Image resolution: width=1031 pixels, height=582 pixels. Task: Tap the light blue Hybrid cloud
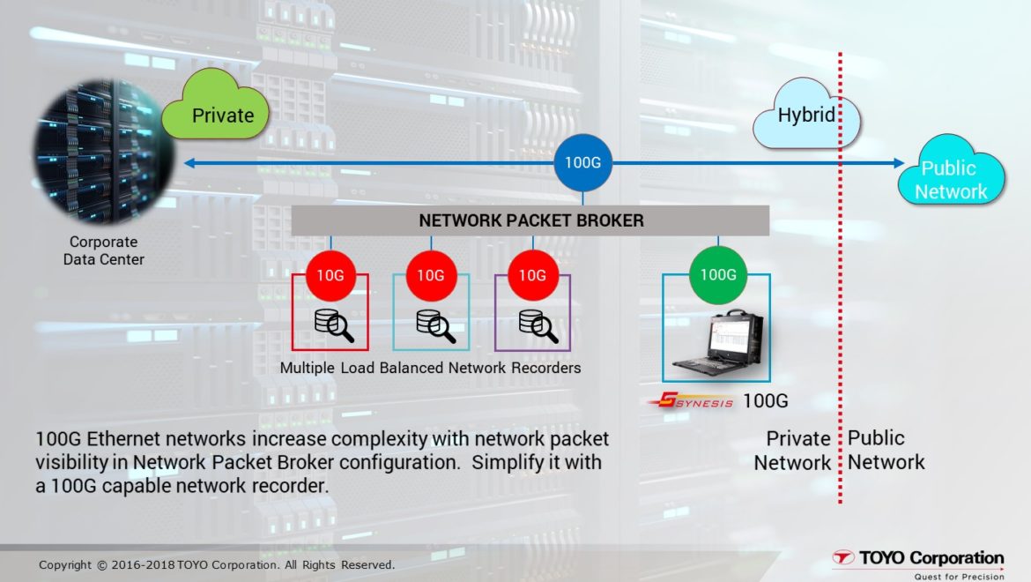click(805, 115)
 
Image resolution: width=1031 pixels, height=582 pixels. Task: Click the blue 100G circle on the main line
click(582, 163)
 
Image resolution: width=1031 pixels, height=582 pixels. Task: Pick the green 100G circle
click(717, 274)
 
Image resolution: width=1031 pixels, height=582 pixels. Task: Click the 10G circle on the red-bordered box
click(330, 275)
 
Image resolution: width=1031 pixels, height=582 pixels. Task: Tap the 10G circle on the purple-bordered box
click(532, 275)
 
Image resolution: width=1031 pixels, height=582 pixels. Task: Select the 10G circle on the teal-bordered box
click(431, 275)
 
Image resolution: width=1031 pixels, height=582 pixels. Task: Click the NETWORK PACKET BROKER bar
click(530, 220)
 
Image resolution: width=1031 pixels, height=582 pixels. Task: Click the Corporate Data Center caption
click(103, 250)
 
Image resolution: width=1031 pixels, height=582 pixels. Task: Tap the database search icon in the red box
click(334, 325)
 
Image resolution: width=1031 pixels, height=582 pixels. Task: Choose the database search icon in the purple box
click(538, 325)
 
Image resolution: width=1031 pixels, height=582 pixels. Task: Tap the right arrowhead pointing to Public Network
click(897, 163)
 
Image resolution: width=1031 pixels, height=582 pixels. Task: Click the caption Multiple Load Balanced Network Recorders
click(430, 368)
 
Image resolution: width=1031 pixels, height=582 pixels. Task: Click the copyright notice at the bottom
click(217, 564)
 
